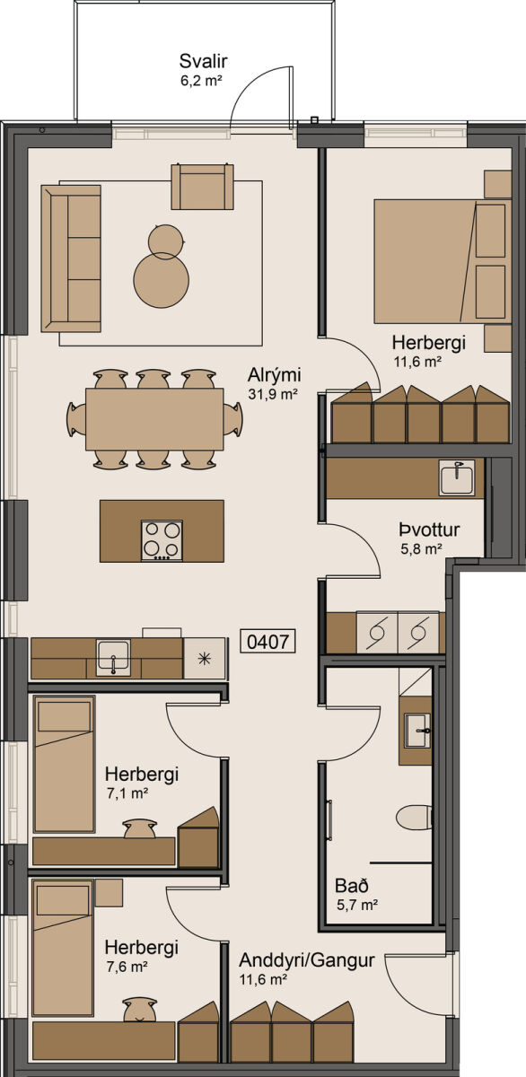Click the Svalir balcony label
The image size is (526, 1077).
(x=203, y=61)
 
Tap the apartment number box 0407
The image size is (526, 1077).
(x=267, y=641)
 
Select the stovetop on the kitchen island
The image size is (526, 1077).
(x=162, y=540)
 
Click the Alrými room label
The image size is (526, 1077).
(x=274, y=374)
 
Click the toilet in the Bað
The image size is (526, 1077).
(x=415, y=818)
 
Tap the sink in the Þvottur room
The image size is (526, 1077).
(x=456, y=477)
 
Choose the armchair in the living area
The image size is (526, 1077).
(x=203, y=187)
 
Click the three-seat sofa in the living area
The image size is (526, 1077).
(x=71, y=258)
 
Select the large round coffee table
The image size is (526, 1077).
(x=161, y=280)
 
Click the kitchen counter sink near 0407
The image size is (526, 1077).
(x=113, y=657)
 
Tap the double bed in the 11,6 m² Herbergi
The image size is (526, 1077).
(x=443, y=260)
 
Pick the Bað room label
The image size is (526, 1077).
(x=352, y=885)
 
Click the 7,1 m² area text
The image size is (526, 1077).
(x=127, y=792)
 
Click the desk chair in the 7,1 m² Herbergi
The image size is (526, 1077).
(x=140, y=828)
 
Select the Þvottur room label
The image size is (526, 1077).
(x=429, y=530)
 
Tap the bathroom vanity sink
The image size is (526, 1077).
(x=416, y=731)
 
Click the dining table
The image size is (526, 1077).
(x=154, y=419)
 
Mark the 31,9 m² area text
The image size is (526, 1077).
(x=273, y=394)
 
